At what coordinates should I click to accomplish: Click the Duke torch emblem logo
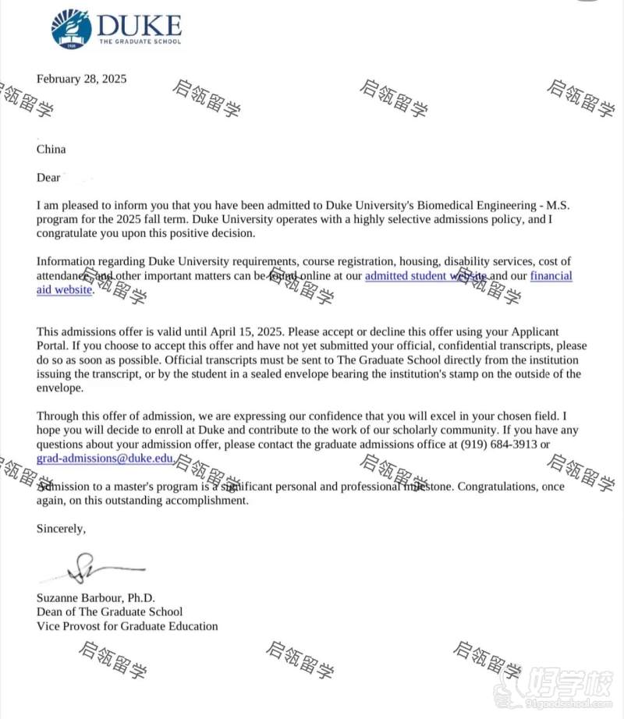click(x=71, y=29)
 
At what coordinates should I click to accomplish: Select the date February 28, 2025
click(x=81, y=79)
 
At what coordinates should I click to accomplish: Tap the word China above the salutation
click(x=51, y=149)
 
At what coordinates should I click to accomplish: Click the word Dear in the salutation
click(x=48, y=177)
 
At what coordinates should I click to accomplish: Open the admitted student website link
click(x=426, y=275)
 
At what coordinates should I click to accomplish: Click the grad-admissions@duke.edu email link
click(x=105, y=459)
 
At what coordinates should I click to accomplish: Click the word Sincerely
click(x=61, y=528)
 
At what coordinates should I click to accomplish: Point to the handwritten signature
click(x=94, y=570)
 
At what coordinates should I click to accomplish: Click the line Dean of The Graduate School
click(x=110, y=612)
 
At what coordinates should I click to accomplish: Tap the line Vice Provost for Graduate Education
click(x=127, y=626)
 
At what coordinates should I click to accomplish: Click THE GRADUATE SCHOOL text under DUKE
click(x=140, y=41)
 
